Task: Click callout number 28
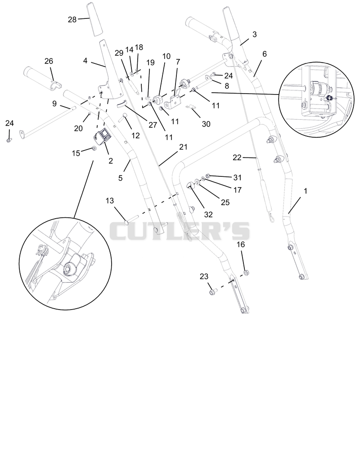[x=72, y=20]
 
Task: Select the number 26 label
[x=49, y=61]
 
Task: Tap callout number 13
[x=109, y=201]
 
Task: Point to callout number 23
[x=204, y=276]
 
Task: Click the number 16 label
[x=241, y=244]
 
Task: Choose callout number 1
[x=306, y=191]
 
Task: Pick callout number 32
[x=208, y=215]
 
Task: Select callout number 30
[x=206, y=124]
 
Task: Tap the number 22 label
[x=237, y=157]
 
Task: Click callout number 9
[x=54, y=104]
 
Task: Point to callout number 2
[x=111, y=161]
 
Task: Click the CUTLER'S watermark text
[x=180, y=231]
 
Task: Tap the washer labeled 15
[x=94, y=148]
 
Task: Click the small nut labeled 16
[x=246, y=272]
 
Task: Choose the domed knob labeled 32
[x=190, y=185]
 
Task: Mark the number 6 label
[x=264, y=54]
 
